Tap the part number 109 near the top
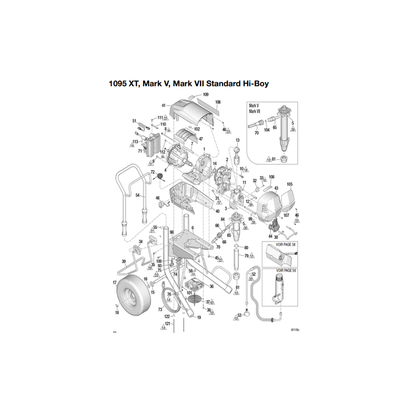click(x=206, y=95)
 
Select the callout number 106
click(x=218, y=102)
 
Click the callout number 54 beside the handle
click(x=137, y=195)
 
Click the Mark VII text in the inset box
click(x=255, y=112)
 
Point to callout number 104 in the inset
click(x=266, y=131)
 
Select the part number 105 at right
click(x=290, y=184)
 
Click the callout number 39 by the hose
click(x=124, y=261)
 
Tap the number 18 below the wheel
click(x=117, y=312)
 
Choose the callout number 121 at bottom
click(x=167, y=324)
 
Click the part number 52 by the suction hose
click(x=253, y=274)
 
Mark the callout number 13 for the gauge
click(x=237, y=140)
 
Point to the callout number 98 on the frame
click(x=172, y=232)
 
